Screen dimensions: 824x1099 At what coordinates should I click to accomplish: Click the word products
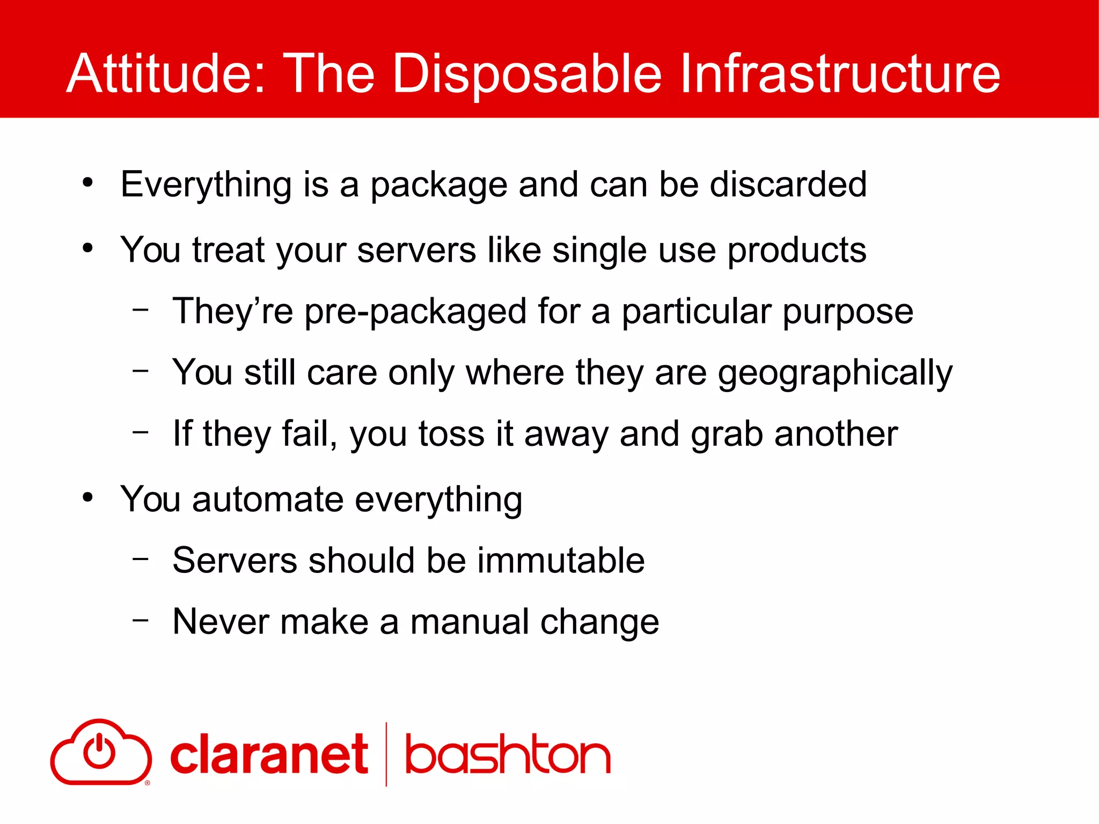pyautogui.click(x=796, y=251)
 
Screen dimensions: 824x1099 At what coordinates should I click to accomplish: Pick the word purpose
pyautogui.click(x=847, y=313)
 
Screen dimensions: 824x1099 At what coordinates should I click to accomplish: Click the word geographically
pyautogui.click(x=835, y=373)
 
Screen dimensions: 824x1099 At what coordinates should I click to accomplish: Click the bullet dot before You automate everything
pyautogui.click(x=87, y=498)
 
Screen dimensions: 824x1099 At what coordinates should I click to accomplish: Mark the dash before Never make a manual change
pyautogui.click(x=141, y=620)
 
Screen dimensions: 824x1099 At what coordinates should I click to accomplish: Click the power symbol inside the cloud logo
pyautogui.click(x=99, y=751)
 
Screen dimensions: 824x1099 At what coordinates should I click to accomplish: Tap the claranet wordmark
pyautogui.click(x=269, y=755)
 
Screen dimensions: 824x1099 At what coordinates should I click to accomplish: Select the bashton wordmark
pyautogui.click(x=507, y=755)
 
